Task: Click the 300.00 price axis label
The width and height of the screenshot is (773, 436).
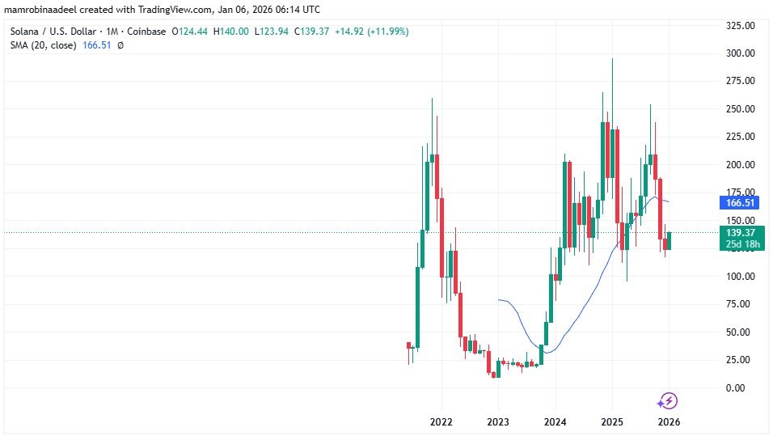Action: pos(740,53)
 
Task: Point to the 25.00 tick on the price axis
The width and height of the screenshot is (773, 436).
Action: pos(740,360)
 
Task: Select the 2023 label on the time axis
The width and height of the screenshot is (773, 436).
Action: pos(498,422)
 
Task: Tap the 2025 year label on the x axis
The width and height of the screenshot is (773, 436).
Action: pos(612,422)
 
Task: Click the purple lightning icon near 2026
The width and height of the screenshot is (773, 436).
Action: pos(667,400)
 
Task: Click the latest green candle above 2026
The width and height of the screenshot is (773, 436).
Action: pos(670,240)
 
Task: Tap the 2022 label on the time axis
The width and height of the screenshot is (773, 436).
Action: pos(441,422)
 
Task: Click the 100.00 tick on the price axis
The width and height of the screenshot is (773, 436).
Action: pos(740,277)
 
